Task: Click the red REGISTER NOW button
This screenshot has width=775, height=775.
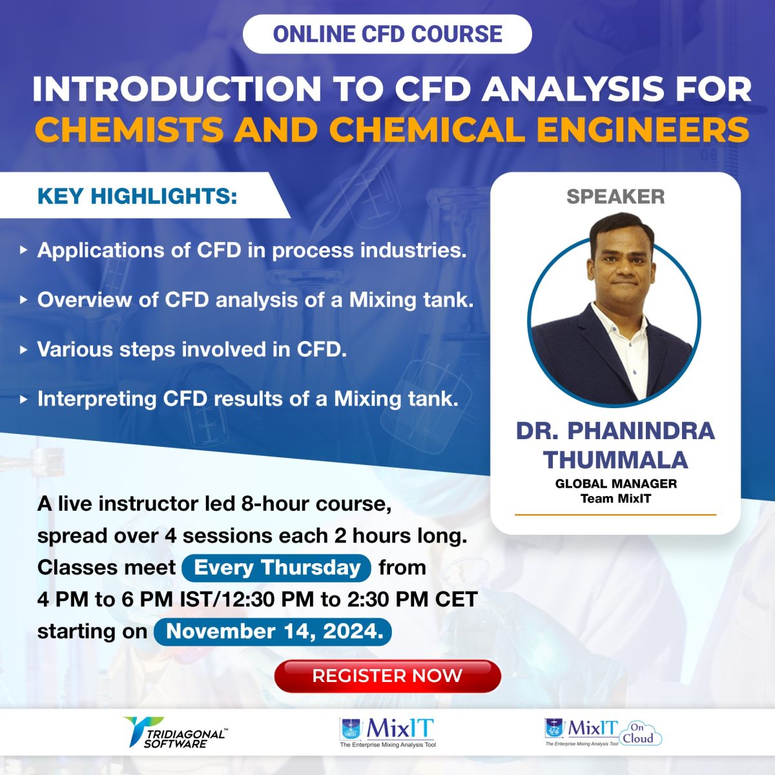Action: pos(387,676)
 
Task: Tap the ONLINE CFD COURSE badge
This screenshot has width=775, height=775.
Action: pos(387,34)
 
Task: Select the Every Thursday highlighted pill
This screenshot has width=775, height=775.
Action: pos(276,568)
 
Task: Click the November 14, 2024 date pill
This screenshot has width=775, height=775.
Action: pos(273,631)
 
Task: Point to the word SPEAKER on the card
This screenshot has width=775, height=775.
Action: pos(615,197)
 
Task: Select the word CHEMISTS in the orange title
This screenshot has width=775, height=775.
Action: pos(129,130)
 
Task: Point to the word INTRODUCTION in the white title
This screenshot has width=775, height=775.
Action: pos(176,89)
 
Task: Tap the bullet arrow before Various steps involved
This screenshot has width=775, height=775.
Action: pos(24,349)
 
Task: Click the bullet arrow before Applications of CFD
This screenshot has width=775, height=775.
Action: pos(24,250)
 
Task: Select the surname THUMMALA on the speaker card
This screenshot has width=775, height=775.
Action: pos(615,460)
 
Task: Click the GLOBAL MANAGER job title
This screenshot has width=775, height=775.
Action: pos(615,483)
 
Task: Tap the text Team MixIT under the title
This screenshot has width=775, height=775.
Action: pos(615,499)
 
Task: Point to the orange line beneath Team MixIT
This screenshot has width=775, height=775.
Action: pos(615,514)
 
